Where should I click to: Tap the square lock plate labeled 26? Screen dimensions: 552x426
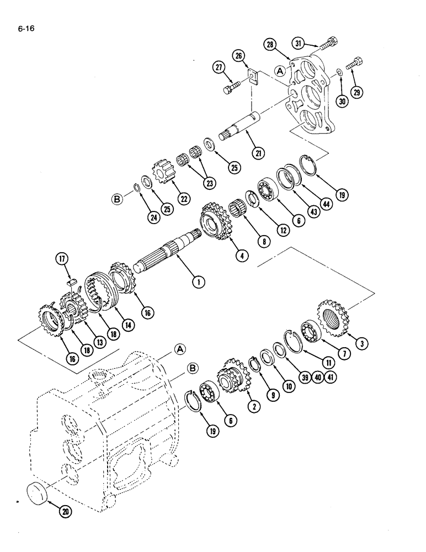tap(253, 75)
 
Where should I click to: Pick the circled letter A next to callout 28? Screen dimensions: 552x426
tap(280, 71)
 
